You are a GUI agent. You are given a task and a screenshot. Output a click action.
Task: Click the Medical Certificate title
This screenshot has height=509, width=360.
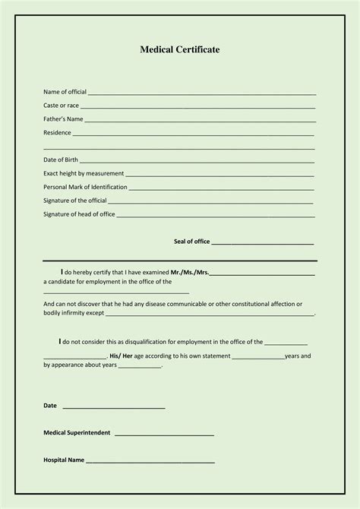point(180,49)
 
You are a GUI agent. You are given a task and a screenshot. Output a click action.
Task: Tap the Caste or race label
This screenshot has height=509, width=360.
point(61,106)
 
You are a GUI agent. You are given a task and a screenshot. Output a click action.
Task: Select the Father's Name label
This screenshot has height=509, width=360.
point(63,119)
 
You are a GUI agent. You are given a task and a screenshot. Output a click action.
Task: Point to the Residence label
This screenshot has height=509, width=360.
point(57,133)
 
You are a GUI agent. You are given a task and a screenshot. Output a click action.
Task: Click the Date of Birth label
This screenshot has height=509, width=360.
point(61,160)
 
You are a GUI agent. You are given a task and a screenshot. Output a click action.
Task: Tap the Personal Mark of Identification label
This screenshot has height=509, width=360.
point(85,187)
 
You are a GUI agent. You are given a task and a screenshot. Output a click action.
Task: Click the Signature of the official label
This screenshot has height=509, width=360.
point(75,201)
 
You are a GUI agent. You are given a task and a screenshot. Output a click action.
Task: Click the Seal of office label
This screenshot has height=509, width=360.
point(191,242)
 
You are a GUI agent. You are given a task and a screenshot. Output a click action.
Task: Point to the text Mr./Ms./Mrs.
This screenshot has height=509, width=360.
point(190,272)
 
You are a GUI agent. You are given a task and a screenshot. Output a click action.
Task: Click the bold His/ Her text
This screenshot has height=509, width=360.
point(122,356)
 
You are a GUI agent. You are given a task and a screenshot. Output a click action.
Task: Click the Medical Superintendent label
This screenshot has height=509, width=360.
point(77,433)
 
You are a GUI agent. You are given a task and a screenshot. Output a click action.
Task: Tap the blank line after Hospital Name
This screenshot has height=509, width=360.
point(150,463)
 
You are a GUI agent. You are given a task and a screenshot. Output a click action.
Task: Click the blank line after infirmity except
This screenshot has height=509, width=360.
point(209,314)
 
